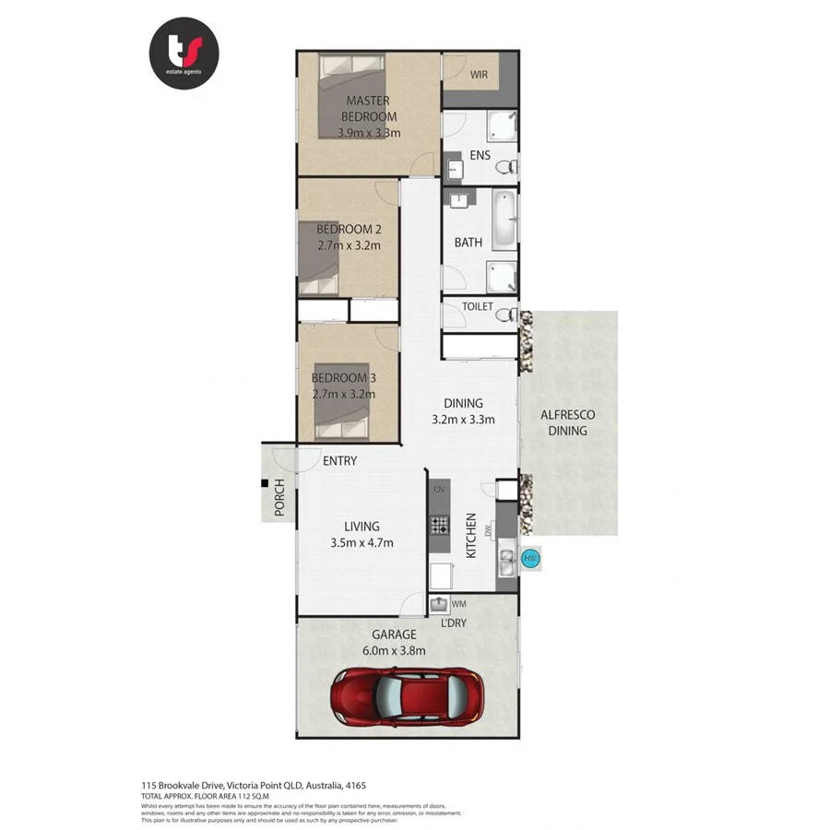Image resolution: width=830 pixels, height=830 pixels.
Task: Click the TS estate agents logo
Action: tap(184, 54)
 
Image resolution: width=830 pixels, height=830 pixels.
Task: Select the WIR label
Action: tap(479, 73)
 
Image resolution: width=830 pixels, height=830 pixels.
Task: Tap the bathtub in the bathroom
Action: tap(503, 220)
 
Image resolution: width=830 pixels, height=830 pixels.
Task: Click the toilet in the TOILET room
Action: tap(506, 314)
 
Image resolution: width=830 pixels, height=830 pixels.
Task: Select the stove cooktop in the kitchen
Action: tap(439, 526)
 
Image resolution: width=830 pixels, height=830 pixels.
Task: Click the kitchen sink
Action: tap(506, 559)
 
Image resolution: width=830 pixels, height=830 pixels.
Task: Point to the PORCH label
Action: tap(279, 498)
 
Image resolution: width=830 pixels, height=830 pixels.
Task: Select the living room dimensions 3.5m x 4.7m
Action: tap(362, 542)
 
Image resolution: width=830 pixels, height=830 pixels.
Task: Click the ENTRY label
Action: tap(339, 461)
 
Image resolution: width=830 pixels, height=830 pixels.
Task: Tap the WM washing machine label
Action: tap(458, 604)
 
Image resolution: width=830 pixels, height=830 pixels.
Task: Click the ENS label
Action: tap(480, 155)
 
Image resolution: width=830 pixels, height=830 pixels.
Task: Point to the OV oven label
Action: tap(440, 488)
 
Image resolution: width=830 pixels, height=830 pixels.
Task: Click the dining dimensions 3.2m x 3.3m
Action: tap(463, 419)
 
